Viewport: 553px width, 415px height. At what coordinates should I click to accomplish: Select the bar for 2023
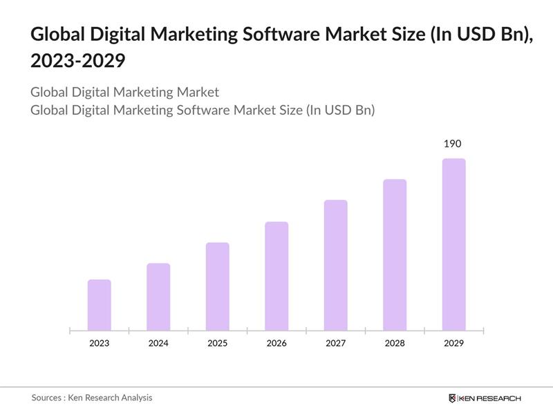(x=99, y=305)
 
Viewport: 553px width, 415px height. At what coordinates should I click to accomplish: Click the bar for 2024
(x=158, y=297)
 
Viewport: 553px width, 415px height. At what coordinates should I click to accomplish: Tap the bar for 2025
(x=217, y=286)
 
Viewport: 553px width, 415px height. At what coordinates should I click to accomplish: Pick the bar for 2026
(x=276, y=276)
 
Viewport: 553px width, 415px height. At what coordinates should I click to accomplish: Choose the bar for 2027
(x=335, y=265)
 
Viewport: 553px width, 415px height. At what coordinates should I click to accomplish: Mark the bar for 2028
(x=395, y=255)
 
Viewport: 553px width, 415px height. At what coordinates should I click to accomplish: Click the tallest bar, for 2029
(x=453, y=244)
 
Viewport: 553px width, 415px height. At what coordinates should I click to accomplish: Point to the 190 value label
(x=453, y=144)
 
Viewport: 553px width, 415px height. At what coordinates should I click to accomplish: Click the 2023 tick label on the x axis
(x=99, y=343)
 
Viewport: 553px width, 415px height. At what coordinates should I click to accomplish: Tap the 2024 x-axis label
(x=158, y=343)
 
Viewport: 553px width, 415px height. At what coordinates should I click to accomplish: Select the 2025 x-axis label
(x=217, y=343)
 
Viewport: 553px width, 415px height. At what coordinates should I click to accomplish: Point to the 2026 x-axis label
(x=276, y=343)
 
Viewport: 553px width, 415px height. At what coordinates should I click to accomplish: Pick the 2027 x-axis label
(x=335, y=343)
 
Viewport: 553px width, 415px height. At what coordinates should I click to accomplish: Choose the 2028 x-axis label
(x=395, y=343)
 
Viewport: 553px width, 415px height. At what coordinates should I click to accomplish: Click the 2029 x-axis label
(x=453, y=343)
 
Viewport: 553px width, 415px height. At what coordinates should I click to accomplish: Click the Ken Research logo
(x=485, y=398)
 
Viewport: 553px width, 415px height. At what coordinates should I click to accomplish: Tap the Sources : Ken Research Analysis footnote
(x=91, y=398)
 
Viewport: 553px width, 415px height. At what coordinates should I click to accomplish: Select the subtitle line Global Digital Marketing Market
(x=124, y=92)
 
